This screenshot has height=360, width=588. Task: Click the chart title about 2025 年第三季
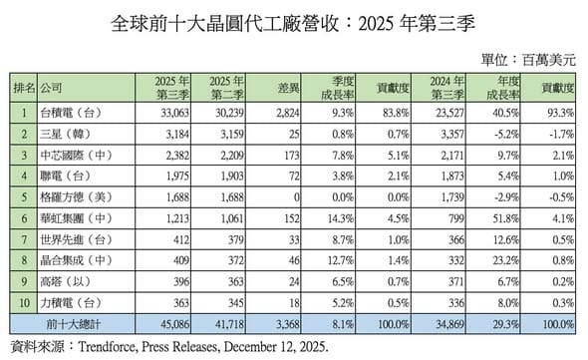click(x=293, y=21)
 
